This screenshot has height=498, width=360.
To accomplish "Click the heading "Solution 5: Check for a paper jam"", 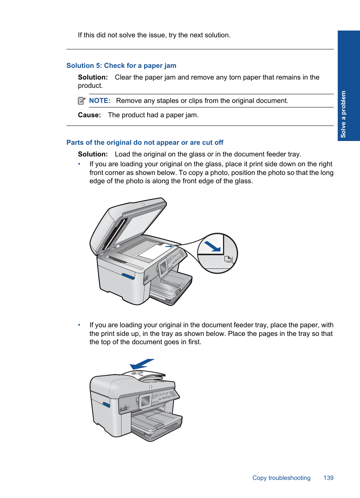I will click(121, 66).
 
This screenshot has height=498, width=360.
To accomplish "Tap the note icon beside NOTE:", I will click(82, 101).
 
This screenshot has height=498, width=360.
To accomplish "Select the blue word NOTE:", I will click(100, 101).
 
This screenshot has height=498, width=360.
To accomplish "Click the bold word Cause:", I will click(89, 115).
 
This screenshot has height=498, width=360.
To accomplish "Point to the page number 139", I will click(328, 478).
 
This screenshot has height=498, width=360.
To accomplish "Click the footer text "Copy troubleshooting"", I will click(281, 478).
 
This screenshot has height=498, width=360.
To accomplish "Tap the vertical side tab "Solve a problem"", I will click(343, 114).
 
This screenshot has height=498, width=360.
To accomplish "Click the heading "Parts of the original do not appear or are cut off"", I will click(145, 143).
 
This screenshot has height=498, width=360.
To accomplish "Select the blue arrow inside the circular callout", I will click(212, 246).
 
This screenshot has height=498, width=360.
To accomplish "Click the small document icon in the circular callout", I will click(228, 259).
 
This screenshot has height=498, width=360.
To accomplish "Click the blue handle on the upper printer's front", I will click(128, 276).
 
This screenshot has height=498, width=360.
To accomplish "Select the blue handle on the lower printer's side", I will click(106, 405).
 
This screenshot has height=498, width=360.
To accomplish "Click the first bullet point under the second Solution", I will click(79, 164).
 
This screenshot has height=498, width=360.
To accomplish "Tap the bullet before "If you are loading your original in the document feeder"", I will click(79, 325).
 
